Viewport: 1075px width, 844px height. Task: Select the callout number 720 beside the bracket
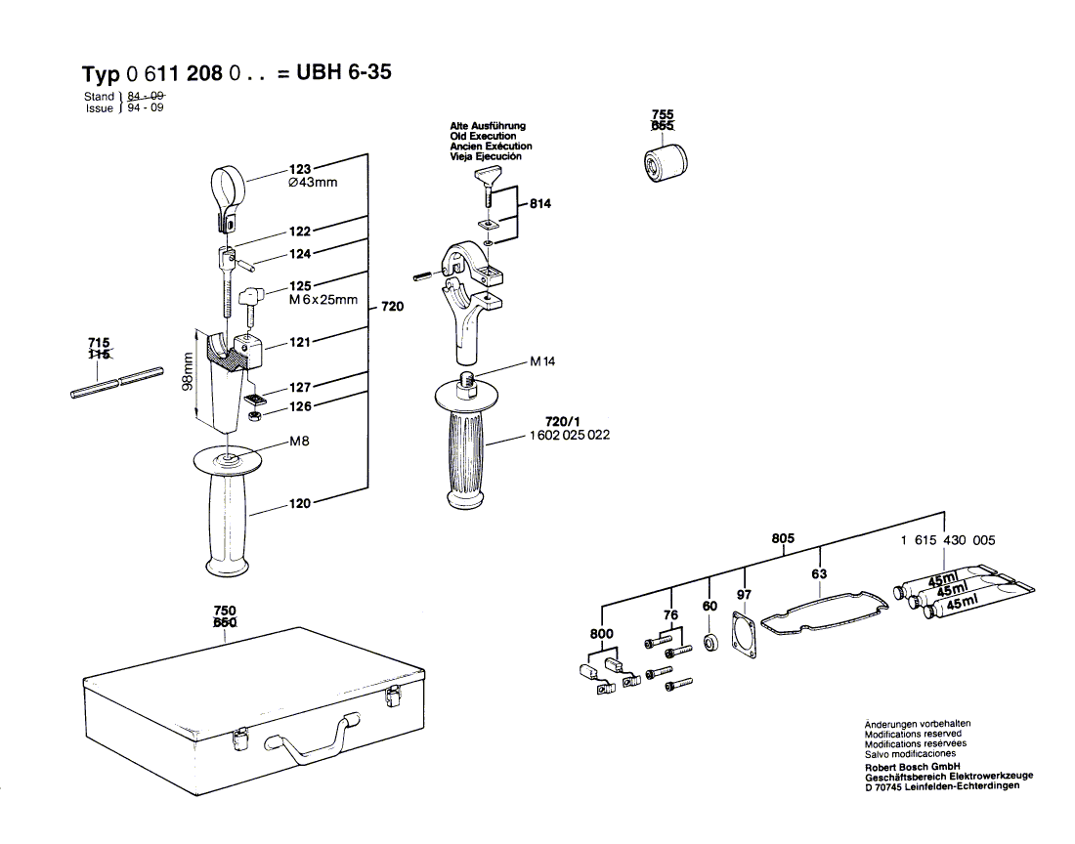click(x=392, y=307)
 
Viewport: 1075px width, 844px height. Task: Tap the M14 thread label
click(x=542, y=361)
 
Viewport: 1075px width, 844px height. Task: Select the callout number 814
click(x=540, y=204)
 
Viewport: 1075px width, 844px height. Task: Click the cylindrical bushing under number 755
click(x=663, y=161)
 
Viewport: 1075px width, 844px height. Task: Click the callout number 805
click(x=783, y=538)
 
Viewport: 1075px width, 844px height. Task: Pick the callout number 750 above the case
click(x=224, y=611)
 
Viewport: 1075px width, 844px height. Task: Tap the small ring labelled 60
click(x=711, y=646)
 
